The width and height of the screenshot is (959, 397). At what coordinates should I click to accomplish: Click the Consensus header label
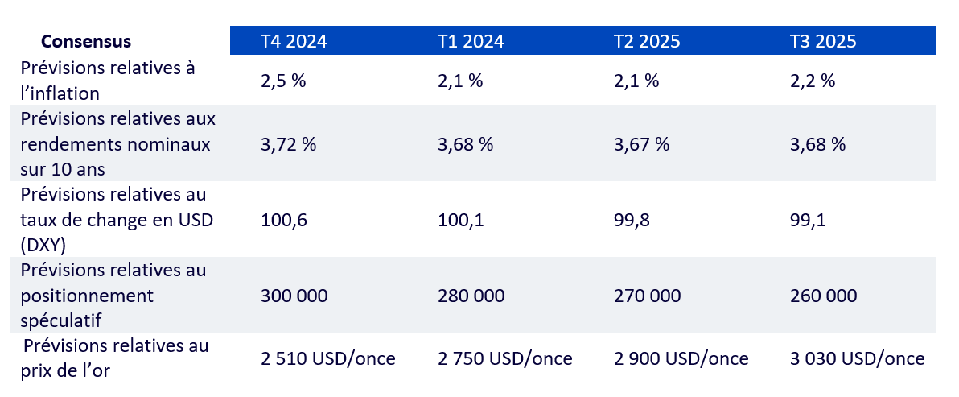click(86, 41)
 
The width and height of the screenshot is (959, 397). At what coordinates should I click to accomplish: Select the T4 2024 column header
click(294, 41)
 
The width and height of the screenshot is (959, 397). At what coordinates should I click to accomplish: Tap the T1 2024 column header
click(471, 41)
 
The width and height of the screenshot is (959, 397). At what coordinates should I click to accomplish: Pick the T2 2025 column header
click(647, 41)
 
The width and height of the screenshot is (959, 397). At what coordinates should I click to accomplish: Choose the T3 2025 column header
click(823, 41)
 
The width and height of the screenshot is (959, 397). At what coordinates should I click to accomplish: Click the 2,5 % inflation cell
click(285, 81)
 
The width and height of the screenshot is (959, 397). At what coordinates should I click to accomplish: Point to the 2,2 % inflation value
click(813, 81)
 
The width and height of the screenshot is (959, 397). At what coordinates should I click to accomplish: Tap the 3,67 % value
click(641, 144)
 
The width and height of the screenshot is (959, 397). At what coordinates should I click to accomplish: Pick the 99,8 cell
click(632, 220)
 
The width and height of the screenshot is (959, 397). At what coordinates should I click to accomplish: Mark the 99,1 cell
click(808, 220)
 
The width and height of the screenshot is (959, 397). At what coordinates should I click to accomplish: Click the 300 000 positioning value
click(294, 296)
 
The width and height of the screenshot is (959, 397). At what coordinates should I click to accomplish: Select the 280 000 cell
click(471, 296)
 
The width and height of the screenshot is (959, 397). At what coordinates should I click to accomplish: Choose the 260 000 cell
click(824, 296)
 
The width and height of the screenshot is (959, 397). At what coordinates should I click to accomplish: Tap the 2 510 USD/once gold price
click(328, 358)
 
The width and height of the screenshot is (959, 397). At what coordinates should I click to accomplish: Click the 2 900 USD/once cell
click(681, 358)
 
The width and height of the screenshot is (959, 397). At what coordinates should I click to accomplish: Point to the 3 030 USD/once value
click(858, 358)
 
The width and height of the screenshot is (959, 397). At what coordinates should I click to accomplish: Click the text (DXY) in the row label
click(44, 243)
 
